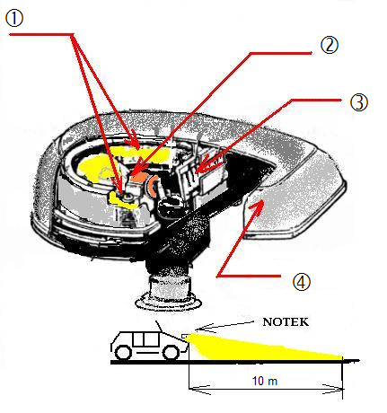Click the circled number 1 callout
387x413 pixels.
(x=14, y=19)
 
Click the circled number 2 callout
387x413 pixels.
(x=330, y=46)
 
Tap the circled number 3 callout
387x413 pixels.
(x=358, y=102)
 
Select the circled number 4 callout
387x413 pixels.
(x=302, y=282)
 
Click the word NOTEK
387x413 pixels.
(x=286, y=322)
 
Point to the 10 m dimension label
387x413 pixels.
(x=265, y=381)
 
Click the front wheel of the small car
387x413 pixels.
(x=172, y=352)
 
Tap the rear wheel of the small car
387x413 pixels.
(x=123, y=352)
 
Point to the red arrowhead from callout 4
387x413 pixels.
(x=258, y=207)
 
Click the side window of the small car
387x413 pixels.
(x=145, y=339)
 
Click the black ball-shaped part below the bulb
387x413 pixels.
(x=170, y=206)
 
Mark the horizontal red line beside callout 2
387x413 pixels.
(x=281, y=53)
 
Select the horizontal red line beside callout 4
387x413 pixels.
(x=249, y=276)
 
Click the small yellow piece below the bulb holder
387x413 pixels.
(x=123, y=201)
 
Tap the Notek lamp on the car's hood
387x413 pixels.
(x=186, y=336)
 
